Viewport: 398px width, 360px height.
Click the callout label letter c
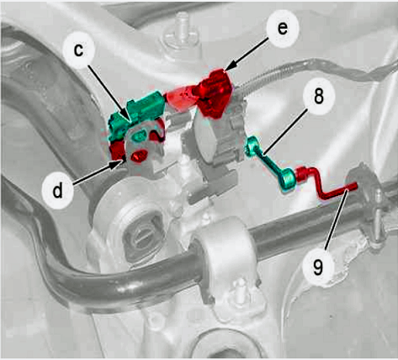click(79, 50)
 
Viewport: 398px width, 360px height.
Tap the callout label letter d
click(58, 191)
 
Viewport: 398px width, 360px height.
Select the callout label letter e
click(282, 28)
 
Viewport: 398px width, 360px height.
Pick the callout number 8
click(319, 96)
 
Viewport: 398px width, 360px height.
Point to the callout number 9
click(318, 267)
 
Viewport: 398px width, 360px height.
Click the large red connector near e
click(215, 93)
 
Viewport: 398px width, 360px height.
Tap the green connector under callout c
click(136, 114)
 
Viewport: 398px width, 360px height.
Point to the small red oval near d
click(139, 156)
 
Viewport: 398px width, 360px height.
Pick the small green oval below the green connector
click(140, 135)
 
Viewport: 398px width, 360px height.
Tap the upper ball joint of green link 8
click(251, 144)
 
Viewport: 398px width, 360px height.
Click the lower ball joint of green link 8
click(287, 180)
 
